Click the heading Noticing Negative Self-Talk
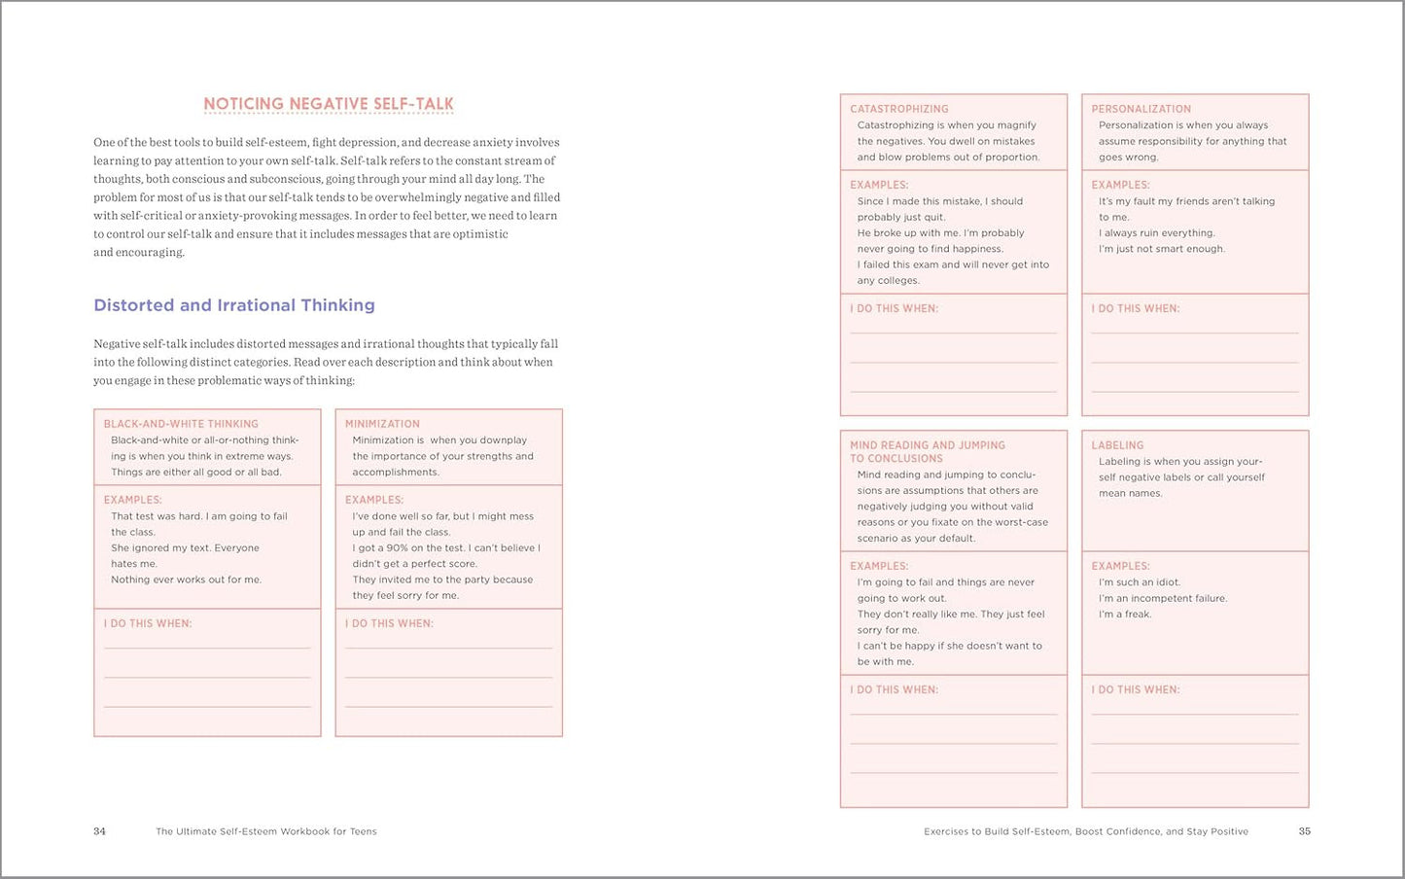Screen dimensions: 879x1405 (328, 104)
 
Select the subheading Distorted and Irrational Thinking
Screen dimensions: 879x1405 (234, 305)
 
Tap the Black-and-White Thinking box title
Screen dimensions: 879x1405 (181, 424)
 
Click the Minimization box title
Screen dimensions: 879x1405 (382, 424)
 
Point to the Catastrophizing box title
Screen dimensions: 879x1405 (899, 109)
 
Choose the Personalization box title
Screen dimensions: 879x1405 (1141, 109)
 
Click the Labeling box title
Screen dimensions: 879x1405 (1117, 445)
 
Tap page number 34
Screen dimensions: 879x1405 (99, 831)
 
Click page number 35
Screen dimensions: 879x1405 (1305, 831)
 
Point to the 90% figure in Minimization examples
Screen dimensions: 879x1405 (397, 548)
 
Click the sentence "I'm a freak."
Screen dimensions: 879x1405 (1125, 615)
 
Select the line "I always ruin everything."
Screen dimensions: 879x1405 (1157, 233)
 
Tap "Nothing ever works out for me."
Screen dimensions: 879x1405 (186, 580)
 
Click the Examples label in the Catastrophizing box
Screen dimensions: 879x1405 (879, 185)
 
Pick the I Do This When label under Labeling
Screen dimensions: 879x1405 (1135, 689)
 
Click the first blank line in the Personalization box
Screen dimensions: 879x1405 (1194, 333)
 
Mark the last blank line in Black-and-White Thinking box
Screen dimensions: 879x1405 (207, 706)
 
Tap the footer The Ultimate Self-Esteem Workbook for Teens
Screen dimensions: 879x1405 (265, 831)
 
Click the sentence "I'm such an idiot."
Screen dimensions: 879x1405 (1140, 582)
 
